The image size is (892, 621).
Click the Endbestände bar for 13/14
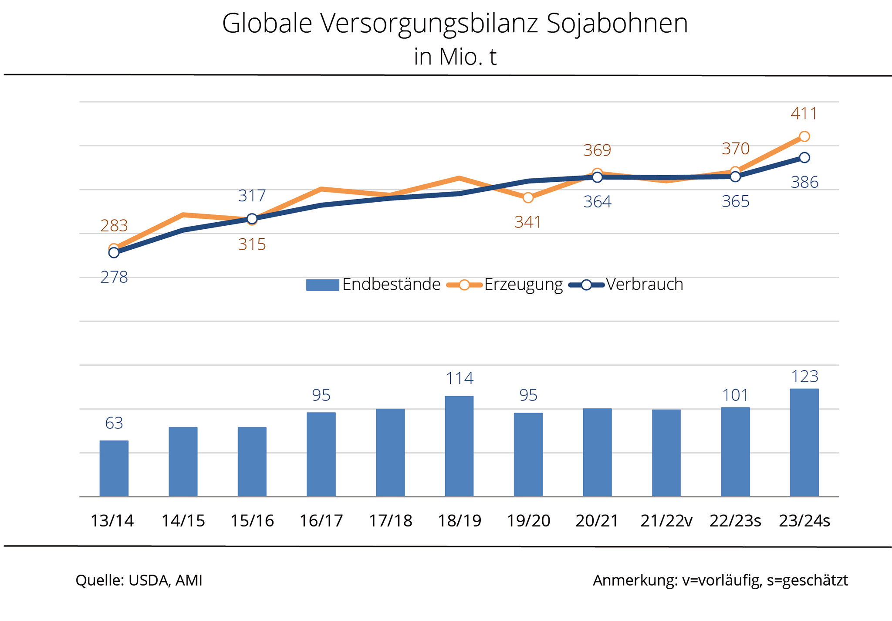(114, 468)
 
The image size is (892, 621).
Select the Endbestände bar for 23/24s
(804, 442)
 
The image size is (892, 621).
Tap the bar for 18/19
(459, 446)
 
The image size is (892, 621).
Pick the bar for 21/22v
(666, 453)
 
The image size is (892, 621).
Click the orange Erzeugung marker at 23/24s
(804, 137)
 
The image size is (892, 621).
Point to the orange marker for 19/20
(528, 198)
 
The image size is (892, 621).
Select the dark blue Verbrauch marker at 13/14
(114, 253)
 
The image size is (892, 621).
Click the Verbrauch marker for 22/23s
(735, 176)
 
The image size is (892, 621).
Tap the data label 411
(804, 114)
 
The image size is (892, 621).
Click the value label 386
(804, 182)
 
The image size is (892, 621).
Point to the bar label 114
(460, 378)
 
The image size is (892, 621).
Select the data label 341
(527, 222)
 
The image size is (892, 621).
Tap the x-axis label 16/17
(321, 521)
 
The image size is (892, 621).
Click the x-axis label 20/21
(597, 521)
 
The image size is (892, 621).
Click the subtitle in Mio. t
(455, 57)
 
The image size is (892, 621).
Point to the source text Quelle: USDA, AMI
(139, 580)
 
